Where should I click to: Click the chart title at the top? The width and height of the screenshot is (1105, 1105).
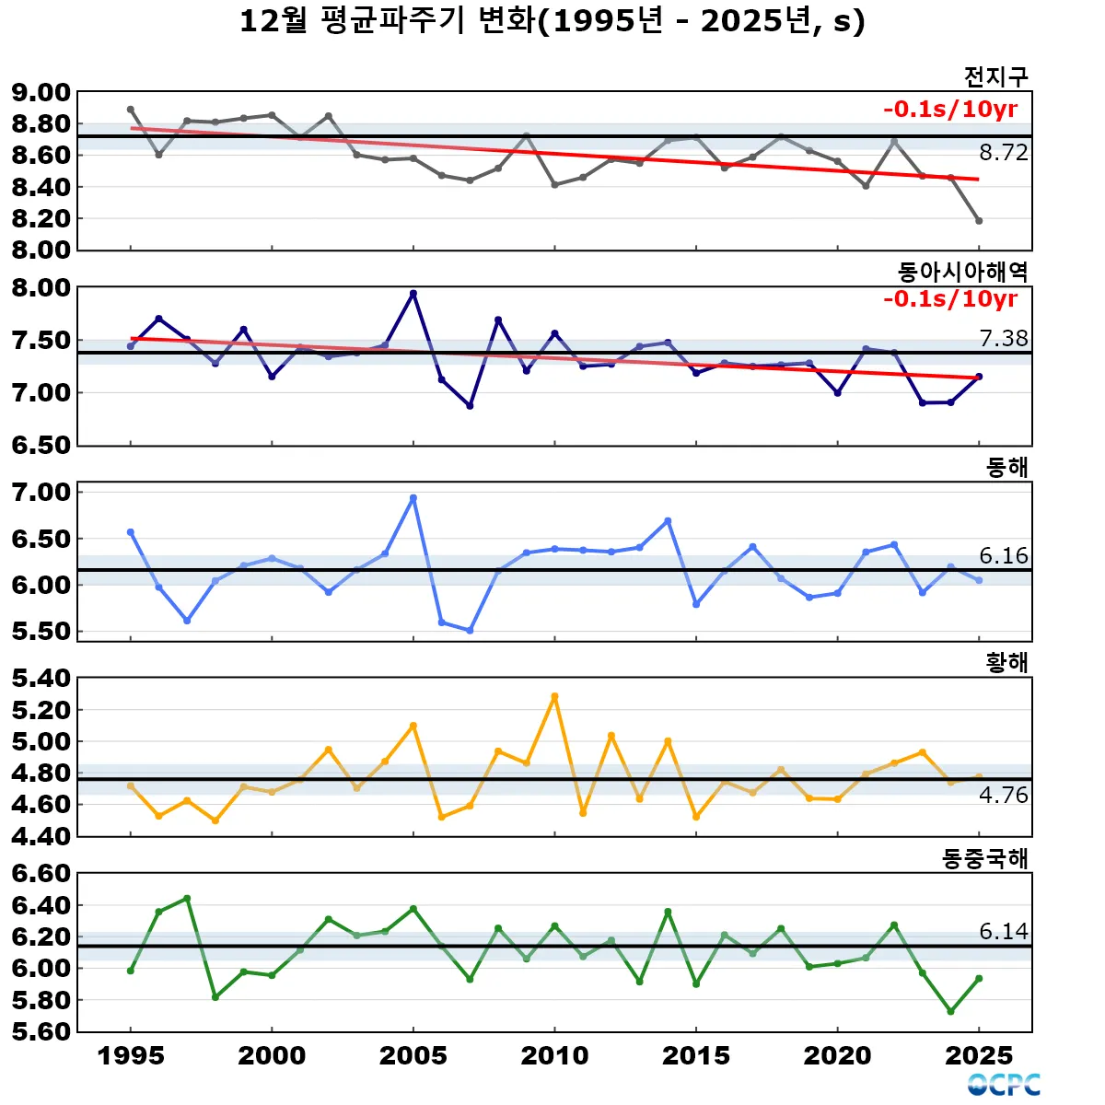coord(552,21)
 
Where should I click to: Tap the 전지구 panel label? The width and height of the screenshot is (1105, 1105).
coord(995,76)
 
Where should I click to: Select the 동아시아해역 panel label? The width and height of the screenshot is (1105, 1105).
coord(962,272)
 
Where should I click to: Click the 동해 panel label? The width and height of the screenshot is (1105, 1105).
coord(1006,467)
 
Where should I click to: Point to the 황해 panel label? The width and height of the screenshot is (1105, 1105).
coord(1006,662)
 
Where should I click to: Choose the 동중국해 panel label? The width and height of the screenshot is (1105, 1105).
coord(984,858)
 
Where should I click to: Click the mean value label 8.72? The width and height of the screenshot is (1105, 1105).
coord(1003,153)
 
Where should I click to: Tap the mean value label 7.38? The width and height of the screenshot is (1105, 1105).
coord(1003,338)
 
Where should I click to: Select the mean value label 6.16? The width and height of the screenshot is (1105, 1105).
coord(1003,555)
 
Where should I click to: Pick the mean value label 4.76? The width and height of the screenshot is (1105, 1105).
coord(1003,795)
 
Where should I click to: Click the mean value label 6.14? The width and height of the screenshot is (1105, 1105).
coord(1003,931)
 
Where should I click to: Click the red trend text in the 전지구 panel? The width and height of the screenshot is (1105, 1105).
coord(950,110)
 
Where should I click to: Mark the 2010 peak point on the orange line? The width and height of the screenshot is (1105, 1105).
coord(554,697)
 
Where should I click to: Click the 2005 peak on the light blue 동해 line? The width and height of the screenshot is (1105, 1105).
coord(413,498)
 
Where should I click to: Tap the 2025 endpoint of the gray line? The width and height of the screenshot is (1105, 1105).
coord(979,221)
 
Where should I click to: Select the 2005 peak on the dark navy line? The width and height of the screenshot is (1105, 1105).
coord(413,294)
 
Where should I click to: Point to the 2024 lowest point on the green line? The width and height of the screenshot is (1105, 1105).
coord(950,1012)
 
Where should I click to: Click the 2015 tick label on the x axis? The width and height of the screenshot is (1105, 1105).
coord(696,1056)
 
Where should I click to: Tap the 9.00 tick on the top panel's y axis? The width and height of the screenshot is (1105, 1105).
coord(41,92)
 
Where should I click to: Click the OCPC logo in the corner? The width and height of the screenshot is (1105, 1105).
coord(1004,1085)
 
